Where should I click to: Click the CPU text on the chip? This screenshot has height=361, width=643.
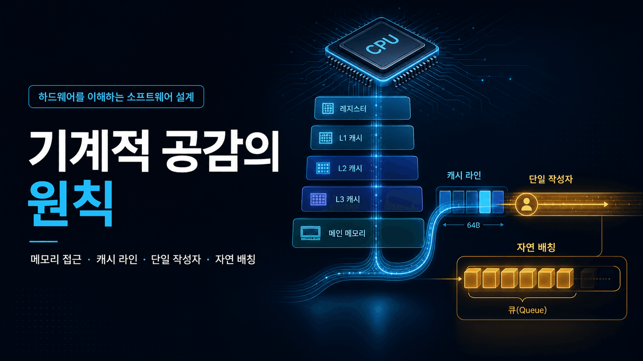point(382,44)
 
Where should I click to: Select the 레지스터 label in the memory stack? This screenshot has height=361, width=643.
point(353,109)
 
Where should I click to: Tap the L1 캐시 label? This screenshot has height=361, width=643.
point(351,138)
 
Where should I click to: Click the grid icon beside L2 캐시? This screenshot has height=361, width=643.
point(323,168)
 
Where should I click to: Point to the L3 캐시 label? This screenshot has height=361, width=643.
point(347,199)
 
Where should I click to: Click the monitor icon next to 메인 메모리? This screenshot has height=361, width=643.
point(310,233)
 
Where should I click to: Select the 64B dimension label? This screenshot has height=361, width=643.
point(473,225)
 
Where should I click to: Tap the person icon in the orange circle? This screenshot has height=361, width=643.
point(527,204)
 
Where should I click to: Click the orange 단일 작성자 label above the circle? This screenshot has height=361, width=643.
point(550,179)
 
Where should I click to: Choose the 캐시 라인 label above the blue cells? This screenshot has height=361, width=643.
point(464,175)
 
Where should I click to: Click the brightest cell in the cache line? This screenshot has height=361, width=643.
point(485,202)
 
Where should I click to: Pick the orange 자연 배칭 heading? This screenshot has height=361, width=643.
point(536,247)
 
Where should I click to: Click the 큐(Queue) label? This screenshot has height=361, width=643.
point(527,310)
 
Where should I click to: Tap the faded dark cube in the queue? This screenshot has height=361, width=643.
point(589,278)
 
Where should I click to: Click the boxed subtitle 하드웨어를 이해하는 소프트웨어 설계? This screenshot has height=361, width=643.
point(116,97)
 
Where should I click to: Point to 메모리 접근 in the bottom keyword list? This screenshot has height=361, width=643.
point(56,259)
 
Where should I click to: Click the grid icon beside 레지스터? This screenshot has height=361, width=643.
point(328,109)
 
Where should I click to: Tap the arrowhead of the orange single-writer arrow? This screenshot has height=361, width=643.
point(606,204)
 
